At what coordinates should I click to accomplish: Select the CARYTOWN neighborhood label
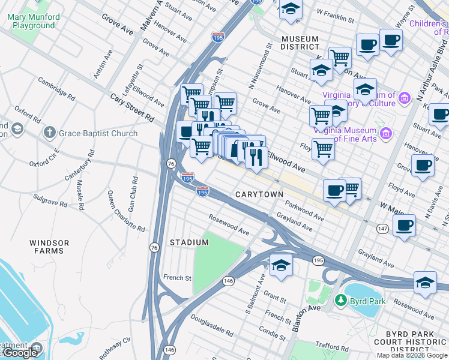(x=259, y=195)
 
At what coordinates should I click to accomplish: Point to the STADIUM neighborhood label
(x=189, y=242)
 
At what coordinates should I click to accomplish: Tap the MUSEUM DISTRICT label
(x=300, y=43)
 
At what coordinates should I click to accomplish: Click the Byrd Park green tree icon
(x=340, y=299)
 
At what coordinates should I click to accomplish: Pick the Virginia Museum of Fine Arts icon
(x=386, y=133)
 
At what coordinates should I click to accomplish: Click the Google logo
(x=20, y=353)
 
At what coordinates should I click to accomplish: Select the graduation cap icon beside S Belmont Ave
(x=280, y=265)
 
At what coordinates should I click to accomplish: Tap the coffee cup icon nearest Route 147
(x=404, y=226)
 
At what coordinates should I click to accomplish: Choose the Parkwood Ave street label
(x=305, y=211)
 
